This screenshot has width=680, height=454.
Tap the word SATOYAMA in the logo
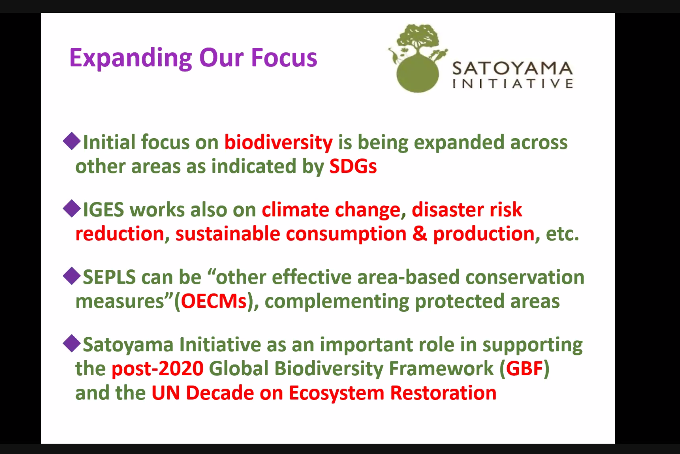tap(513, 68)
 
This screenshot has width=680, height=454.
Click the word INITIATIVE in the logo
tap(513, 84)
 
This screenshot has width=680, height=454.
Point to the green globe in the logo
tap(418, 75)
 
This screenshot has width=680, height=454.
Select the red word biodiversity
tap(279, 143)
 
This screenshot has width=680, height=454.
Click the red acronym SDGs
tap(353, 166)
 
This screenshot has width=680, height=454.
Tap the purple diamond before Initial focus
tap(72, 141)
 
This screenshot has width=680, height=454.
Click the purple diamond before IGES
tap(72, 209)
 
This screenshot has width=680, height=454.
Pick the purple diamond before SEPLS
tap(72, 276)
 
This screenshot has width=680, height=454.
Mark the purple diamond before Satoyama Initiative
tap(72, 343)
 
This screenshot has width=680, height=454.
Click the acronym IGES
tap(103, 210)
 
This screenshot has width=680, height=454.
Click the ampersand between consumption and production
tap(420, 233)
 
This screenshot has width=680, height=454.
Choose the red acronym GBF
tap(524, 369)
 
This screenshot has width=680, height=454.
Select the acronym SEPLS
tap(109, 277)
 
